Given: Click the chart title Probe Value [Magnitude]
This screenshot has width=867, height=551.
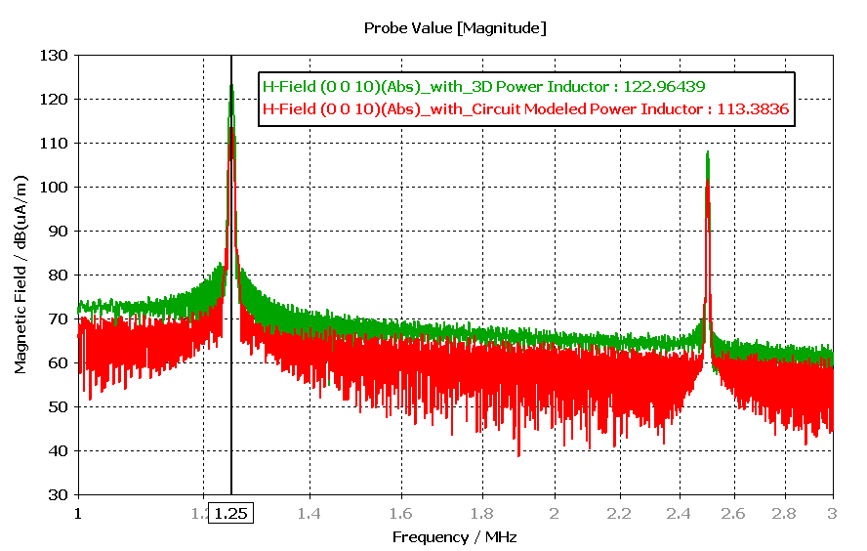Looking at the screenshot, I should [x=454, y=28].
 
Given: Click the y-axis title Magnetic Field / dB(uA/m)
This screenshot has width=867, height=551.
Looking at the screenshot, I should [x=21, y=275].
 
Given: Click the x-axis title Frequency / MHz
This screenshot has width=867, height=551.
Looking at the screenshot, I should [x=454, y=536].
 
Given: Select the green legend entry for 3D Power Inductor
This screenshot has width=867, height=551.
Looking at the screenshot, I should [x=483, y=86].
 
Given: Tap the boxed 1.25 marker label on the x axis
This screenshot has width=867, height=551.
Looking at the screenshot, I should [x=230, y=512].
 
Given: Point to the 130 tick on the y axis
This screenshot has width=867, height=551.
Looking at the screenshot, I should [x=56, y=56].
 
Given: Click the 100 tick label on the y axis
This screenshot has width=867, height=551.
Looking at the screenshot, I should [x=56, y=188].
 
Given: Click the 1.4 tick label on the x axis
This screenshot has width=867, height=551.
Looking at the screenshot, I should [x=310, y=512].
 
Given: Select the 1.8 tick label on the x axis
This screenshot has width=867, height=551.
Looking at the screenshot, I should [x=481, y=512].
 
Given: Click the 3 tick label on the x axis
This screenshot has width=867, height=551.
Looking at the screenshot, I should [x=832, y=512].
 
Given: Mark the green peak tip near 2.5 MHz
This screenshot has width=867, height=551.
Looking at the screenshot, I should [x=707, y=152].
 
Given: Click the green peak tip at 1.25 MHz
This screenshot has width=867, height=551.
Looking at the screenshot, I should [x=231, y=86].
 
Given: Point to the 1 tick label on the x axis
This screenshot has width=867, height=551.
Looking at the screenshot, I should [x=78, y=512].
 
